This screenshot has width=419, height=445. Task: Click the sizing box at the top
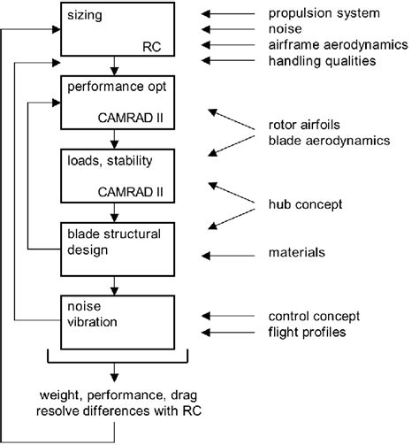tap(115, 28)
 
